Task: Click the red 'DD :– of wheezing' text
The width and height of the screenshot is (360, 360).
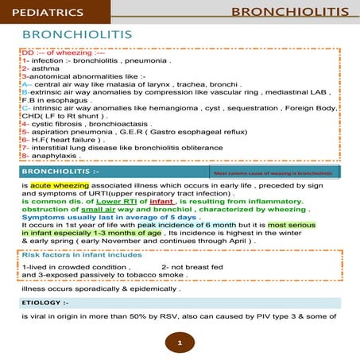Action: pyautogui.click(x=49, y=52)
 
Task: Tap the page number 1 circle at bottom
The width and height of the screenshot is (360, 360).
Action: pyautogui.click(x=180, y=343)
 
